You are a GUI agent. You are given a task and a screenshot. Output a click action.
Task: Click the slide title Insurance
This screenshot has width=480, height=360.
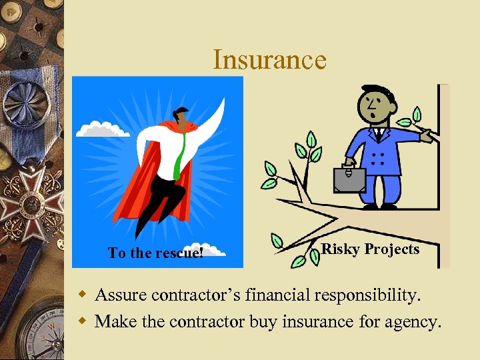click(x=269, y=60)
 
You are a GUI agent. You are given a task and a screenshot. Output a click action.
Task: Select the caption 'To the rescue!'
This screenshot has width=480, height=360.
click(x=156, y=253)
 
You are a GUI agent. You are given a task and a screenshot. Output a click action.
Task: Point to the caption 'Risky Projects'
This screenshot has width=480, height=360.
click(x=370, y=249)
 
